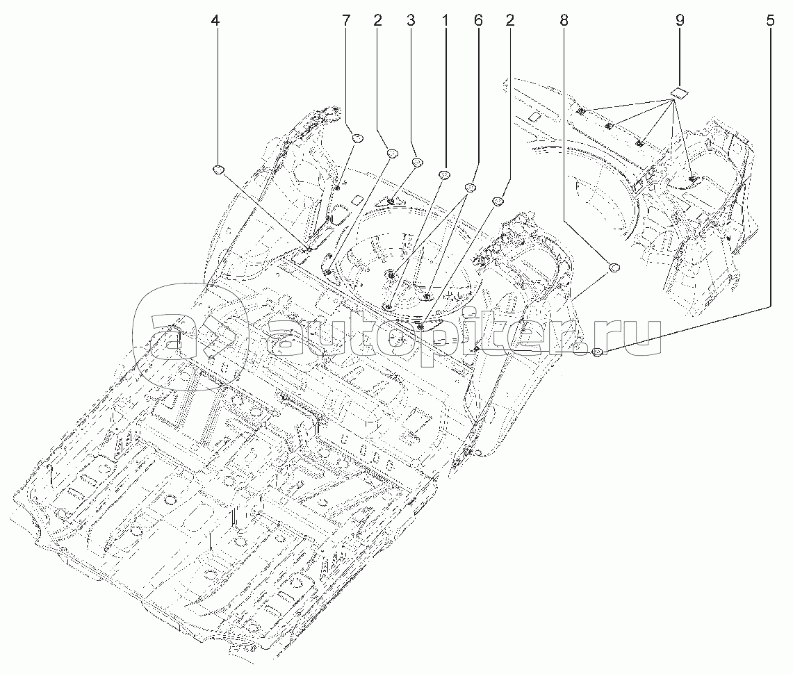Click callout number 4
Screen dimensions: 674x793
point(215,21)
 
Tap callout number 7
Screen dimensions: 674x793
point(346,21)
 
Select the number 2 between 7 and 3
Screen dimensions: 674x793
point(377,21)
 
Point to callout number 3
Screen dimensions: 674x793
point(411,21)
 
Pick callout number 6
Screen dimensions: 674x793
point(477,21)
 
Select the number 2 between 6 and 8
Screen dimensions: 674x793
point(511,21)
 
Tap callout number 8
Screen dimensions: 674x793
point(563,21)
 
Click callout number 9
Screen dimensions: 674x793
point(679,21)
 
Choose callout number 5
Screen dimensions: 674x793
point(769,21)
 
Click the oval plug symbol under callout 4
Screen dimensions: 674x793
point(218,170)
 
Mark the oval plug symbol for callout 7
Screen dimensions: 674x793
point(358,138)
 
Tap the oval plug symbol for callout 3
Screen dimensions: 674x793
point(418,163)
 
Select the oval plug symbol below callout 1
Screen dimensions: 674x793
point(445,174)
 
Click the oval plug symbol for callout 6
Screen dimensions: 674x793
point(470,188)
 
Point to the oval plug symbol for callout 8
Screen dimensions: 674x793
point(614,266)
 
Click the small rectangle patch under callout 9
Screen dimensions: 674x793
point(679,91)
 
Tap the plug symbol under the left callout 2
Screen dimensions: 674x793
point(391,153)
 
